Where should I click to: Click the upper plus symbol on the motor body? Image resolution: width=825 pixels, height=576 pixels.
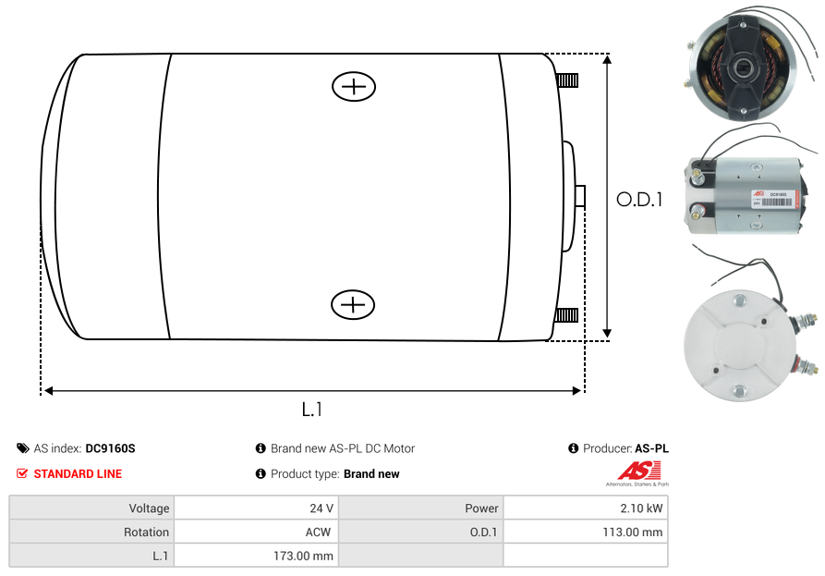pos(354,87)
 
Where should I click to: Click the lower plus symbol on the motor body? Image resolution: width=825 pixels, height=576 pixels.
pos(353,304)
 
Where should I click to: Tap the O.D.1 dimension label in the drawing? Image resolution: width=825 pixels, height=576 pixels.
pos(639,199)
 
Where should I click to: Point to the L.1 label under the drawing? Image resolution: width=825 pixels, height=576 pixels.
pos(312,409)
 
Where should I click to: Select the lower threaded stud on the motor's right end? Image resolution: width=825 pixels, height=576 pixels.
pos(566,316)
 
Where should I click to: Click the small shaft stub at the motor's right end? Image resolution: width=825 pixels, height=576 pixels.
pos(580,196)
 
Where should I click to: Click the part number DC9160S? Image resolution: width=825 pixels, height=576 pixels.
pos(110,448)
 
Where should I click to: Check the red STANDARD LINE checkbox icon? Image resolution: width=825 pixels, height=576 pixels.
pos(22,473)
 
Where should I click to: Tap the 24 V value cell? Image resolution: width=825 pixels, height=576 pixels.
pos(256,508)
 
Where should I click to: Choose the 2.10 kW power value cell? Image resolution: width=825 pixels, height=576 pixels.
pos(585,508)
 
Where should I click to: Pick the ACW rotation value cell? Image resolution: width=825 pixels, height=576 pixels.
pos(256,532)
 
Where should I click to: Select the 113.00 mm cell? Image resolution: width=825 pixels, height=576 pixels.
pos(585,532)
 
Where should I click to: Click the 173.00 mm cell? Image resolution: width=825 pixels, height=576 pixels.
pos(256,556)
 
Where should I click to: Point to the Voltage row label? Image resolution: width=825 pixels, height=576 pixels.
pos(92,508)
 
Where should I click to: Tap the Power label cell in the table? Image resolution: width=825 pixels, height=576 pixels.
pos(421,508)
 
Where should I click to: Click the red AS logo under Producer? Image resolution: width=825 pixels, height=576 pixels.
pos(638,471)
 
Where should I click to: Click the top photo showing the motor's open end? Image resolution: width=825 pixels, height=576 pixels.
pos(735,69)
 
